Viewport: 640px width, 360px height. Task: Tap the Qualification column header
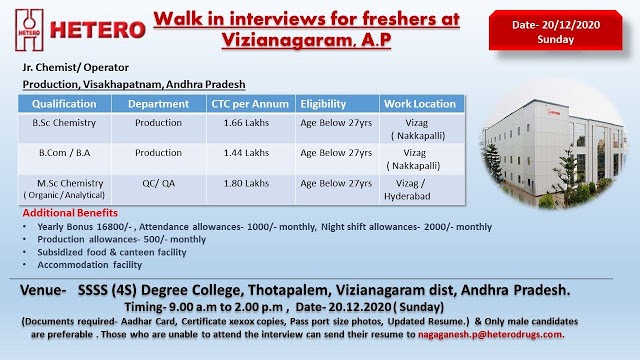pos(64,104)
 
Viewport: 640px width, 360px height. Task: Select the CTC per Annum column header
pos(250,104)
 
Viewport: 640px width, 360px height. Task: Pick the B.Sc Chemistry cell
pos(65,125)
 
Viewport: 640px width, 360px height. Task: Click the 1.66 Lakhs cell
pos(250,125)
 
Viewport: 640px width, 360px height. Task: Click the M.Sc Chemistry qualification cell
pos(65,188)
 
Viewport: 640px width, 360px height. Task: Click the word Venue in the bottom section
pos(45,290)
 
